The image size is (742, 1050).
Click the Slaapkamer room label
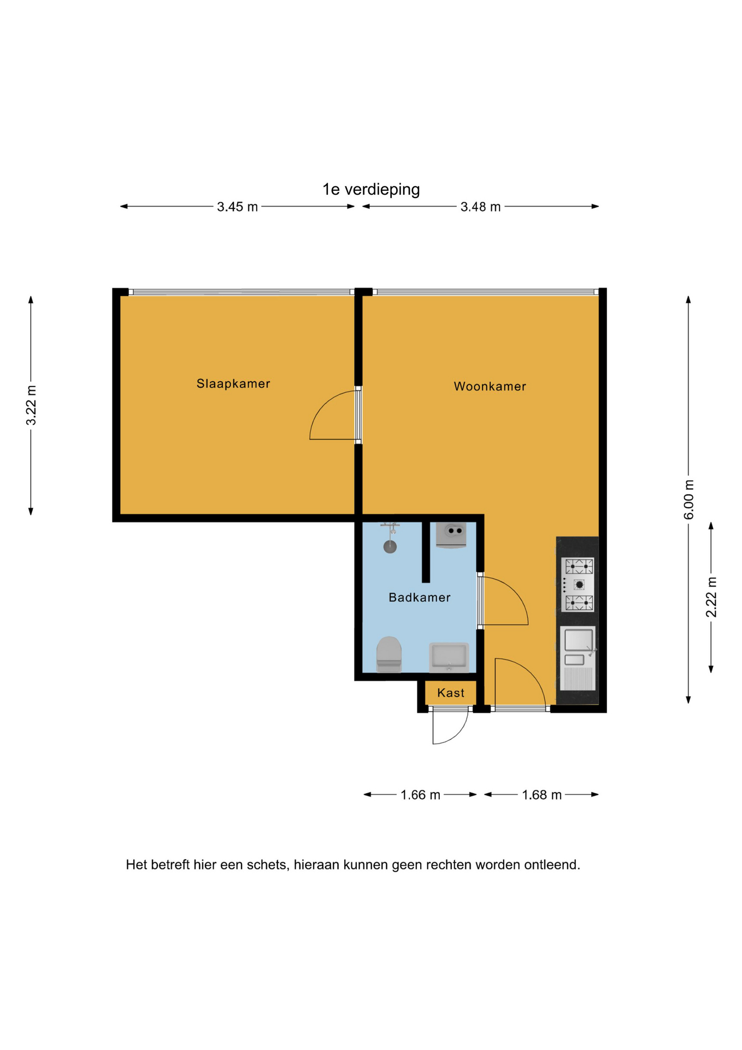click(233, 383)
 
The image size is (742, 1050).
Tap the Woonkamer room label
click(490, 386)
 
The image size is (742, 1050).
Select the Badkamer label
click(420, 597)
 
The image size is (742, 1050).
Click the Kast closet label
click(451, 693)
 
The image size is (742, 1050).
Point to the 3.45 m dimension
click(237, 207)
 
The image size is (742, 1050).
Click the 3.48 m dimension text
click(481, 207)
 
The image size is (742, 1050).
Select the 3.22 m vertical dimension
click(31, 405)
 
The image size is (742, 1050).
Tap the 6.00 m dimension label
click(689, 500)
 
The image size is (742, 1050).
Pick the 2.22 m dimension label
click(711, 597)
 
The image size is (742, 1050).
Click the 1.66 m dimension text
click(420, 795)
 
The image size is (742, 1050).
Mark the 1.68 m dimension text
click(541, 795)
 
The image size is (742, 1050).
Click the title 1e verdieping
click(371, 189)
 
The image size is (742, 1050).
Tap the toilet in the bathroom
click(389, 654)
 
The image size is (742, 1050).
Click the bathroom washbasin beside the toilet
click(449, 657)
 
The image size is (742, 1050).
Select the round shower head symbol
click(390, 546)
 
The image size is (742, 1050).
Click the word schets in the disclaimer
click(268, 865)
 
